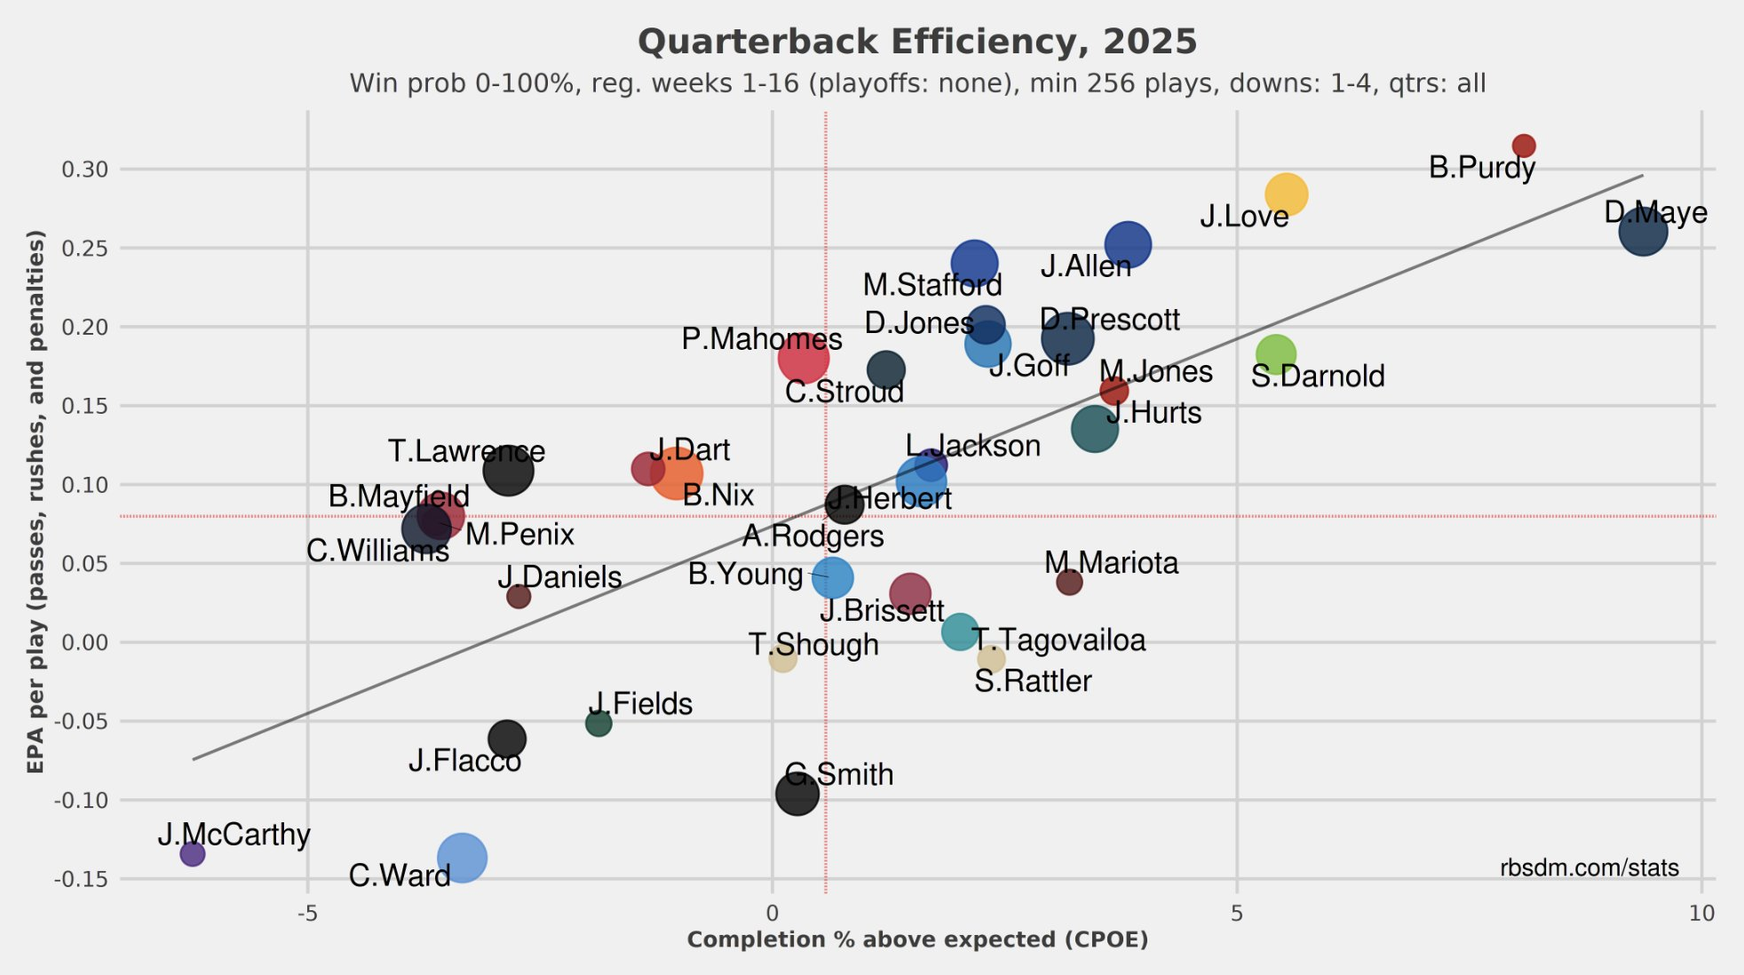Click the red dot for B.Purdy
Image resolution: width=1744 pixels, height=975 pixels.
pos(1523,146)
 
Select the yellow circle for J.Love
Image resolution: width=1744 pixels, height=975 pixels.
pos(1285,194)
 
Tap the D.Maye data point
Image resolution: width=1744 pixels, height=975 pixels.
pos(1642,232)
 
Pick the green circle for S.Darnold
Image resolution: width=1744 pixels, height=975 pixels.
pos(1275,354)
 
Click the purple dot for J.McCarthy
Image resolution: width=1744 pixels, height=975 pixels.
pos(192,853)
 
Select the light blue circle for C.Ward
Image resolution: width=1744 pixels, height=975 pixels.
pos(462,858)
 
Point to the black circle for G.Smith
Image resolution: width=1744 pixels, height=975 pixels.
pos(797,793)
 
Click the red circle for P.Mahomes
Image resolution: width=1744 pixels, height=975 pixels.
pos(803,358)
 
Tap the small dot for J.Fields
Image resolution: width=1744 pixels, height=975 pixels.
pos(599,724)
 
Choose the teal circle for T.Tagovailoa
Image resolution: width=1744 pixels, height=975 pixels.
pos(959,631)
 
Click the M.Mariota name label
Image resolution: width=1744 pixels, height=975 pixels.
pos(1111,563)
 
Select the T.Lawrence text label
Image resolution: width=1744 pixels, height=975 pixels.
pos(466,451)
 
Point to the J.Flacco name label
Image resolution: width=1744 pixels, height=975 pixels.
pos(464,761)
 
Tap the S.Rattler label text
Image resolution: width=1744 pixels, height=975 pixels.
pos(1033,681)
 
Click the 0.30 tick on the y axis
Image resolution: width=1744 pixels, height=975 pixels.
pos(84,169)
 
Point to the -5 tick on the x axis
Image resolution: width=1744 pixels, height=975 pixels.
pos(307,913)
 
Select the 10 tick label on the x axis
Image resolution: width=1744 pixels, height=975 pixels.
pos(1700,913)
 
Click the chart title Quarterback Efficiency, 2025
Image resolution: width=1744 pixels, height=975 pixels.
pos(917,42)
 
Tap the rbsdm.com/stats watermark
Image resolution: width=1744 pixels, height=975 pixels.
pos(1589,868)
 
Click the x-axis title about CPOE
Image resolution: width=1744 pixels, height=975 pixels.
pos(917,939)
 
